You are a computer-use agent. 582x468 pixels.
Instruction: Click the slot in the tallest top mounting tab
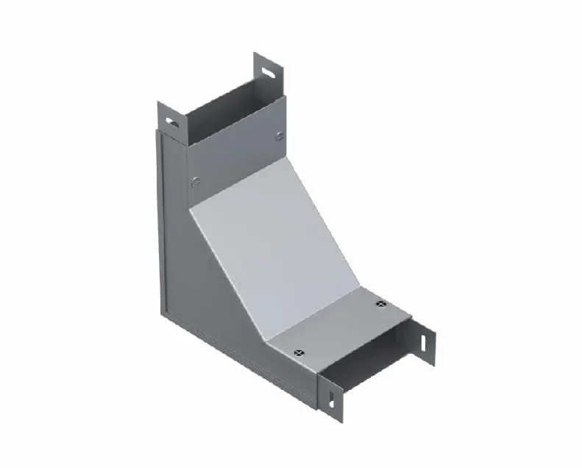271,73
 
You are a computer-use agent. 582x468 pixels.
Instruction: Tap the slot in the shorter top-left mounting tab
171,120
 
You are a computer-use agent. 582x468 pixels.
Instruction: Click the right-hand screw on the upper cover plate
279,135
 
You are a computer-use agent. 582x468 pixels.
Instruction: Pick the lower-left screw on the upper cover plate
195,180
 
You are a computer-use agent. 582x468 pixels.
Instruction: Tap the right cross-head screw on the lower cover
380,304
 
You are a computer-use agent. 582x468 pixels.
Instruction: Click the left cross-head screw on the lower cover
297,354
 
